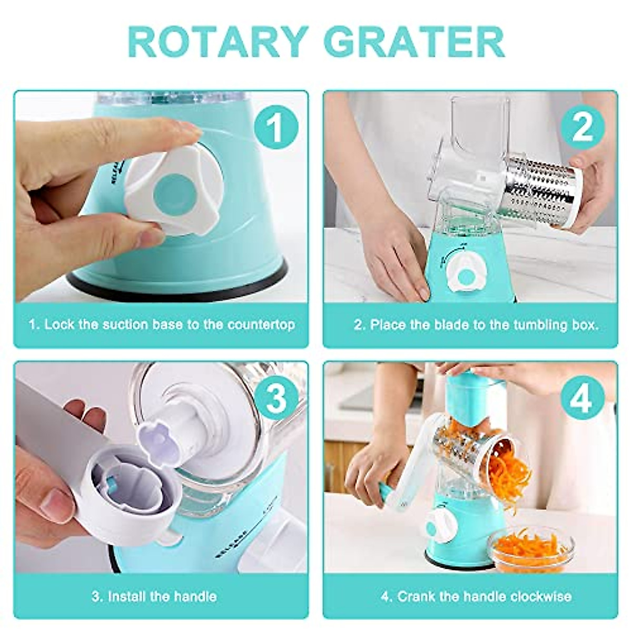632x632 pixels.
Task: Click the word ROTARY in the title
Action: [x=218, y=42]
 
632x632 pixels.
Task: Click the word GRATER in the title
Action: [x=414, y=42]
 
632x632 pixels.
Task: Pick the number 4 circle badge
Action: [x=582, y=399]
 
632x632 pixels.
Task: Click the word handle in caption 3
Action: [x=196, y=596]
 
